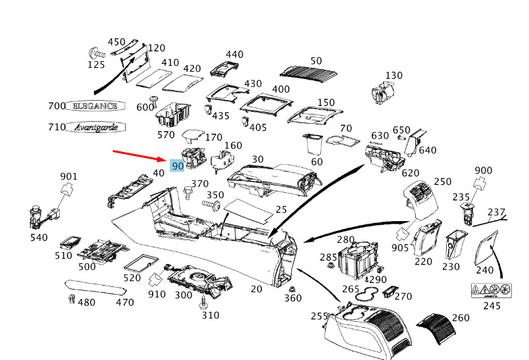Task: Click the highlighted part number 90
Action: [x=177, y=167]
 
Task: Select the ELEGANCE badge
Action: [x=94, y=106]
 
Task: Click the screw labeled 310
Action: [x=203, y=303]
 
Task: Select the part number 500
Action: [x=88, y=266]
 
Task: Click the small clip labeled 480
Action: [x=70, y=300]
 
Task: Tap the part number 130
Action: [x=393, y=76]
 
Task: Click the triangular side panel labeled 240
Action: [x=488, y=247]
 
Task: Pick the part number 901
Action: [x=69, y=176]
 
